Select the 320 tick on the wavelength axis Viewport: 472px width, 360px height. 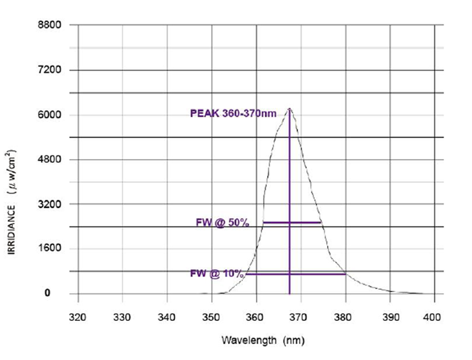point(78,316)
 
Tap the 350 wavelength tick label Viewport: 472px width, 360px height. point(211,316)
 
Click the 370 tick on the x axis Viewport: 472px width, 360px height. point(300,316)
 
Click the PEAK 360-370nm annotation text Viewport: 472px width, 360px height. point(233,114)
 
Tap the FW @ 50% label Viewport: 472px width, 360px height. point(222,223)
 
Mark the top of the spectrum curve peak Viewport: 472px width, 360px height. point(289,109)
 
